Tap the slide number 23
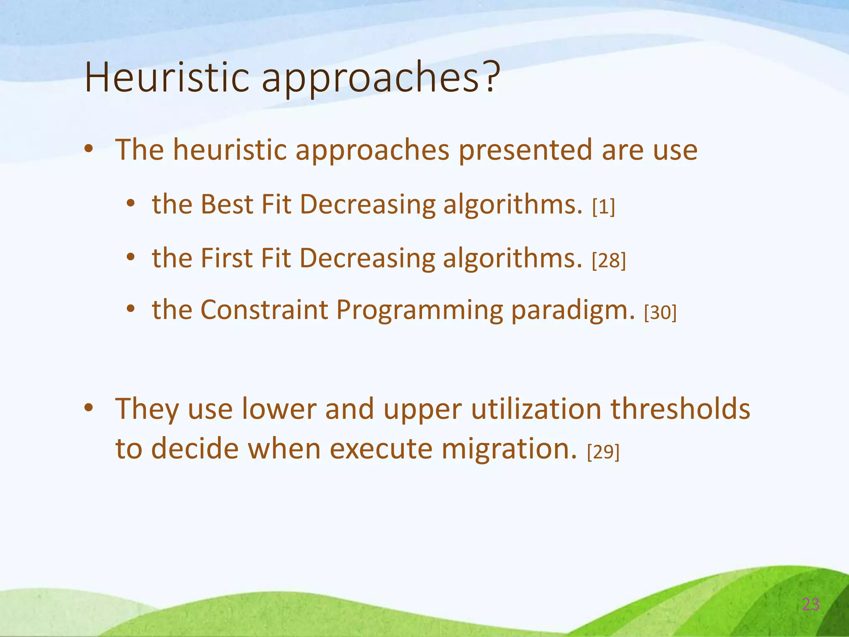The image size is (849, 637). pyautogui.click(x=810, y=605)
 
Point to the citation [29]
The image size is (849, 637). pyautogui.click(x=603, y=452)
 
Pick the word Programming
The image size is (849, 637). pyautogui.click(x=419, y=310)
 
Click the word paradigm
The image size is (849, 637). pyautogui.click(x=572, y=310)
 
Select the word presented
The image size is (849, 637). pyautogui.click(x=525, y=150)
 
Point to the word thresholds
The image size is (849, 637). pyautogui.click(x=680, y=409)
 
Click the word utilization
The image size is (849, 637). pyautogui.click(x=536, y=409)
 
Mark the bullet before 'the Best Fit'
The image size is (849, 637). pyautogui.click(x=131, y=204)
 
